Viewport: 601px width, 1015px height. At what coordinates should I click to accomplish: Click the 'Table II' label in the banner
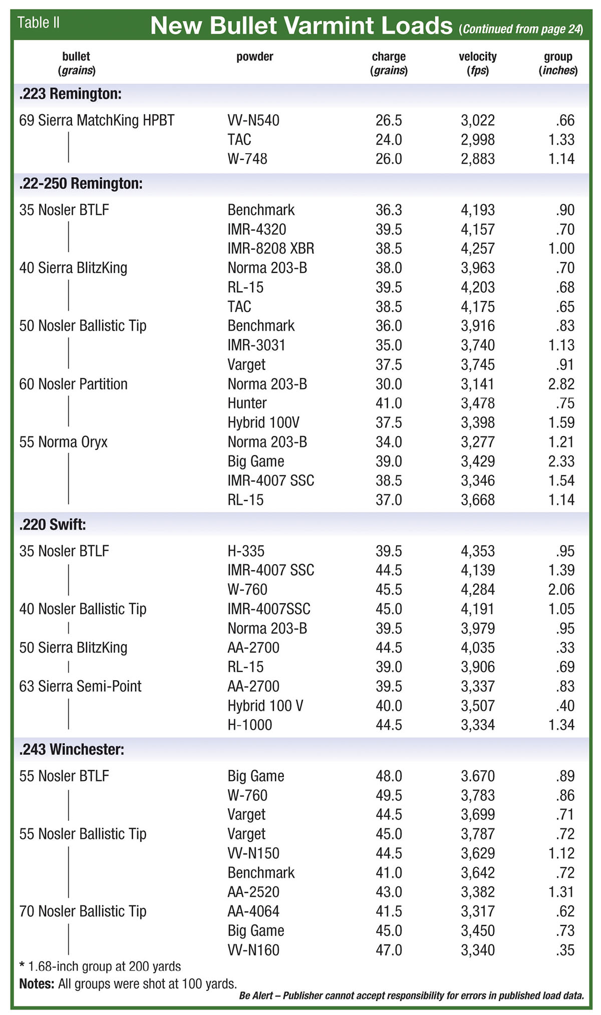pyautogui.click(x=39, y=23)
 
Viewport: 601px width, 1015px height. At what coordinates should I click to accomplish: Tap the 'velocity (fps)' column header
pyautogui.click(x=477, y=63)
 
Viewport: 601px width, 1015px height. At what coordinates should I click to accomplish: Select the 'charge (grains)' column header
pyautogui.click(x=389, y=63)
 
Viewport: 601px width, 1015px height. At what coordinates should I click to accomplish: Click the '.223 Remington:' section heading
pyautogui.click(x=71, y=94)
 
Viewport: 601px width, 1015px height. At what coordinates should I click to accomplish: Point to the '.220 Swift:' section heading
pyautogui.click(x=53, y=525)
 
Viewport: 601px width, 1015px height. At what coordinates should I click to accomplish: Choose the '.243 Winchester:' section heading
pyautogui.click(x=72, y=749)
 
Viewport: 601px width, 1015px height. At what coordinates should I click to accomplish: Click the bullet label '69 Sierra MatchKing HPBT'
pyautogui.click(x=97, y=121)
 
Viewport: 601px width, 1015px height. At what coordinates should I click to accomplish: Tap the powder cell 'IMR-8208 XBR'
pyautogui.click(x=271, y=249)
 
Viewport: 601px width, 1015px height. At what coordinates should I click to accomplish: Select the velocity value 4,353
pyautogui.click(x=477, y=551)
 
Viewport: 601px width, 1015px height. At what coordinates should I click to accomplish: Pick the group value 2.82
pyautogui.click(x=561, y=384)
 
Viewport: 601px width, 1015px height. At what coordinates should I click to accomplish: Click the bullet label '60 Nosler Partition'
pyautogui.click(x=73, y=384)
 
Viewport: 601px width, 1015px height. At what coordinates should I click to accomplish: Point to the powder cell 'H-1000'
pyautogui.click(x=249, y=725)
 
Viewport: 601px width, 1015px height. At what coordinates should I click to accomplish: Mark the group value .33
pyautogui.click(x=564, y=648)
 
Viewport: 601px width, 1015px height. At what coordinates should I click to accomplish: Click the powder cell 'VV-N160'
pyautogui.click(x=253, y=950)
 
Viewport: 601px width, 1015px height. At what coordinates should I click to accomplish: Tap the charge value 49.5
pyautogui.click(x=389, y=795)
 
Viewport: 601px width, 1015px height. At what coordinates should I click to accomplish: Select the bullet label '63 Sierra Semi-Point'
pyautogui.click(x=80, y=686)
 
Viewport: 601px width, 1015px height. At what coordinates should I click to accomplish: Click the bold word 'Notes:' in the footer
pyautogui.click(x=37, y=983)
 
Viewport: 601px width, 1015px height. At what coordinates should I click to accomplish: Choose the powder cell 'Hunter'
pyautogui.click(x=247, y=403)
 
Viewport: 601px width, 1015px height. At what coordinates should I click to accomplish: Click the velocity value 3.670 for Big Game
pyautogui.click(x=477, y=776)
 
